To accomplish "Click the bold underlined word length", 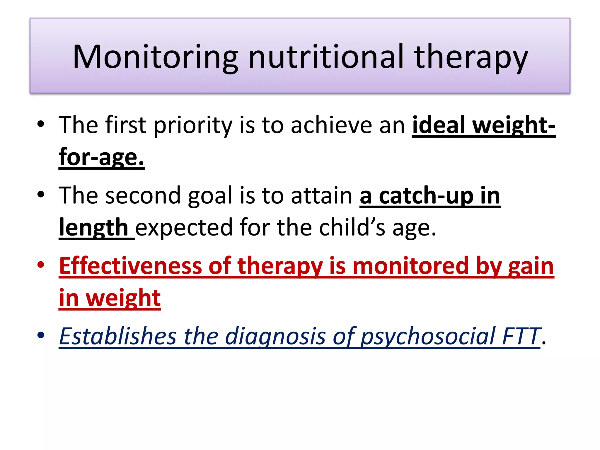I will click(x=93, y=228).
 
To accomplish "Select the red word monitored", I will click(x=410, y=266).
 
